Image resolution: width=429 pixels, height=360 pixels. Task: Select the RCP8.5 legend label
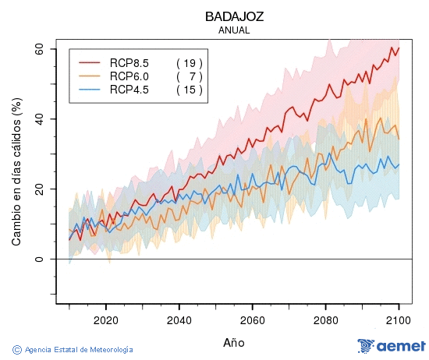[129, 62]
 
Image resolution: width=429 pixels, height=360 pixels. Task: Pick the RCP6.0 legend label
[129, 76]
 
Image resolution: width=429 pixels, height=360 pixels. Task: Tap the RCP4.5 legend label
[129, 90]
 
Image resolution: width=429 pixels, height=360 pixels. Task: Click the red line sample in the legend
[90, 62]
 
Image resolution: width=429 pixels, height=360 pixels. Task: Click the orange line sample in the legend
[90, 76]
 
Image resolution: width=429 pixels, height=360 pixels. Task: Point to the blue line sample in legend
[90, 90]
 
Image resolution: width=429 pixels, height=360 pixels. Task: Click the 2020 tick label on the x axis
[105, 319]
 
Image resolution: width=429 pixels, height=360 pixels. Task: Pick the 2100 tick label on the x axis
[399, 319]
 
